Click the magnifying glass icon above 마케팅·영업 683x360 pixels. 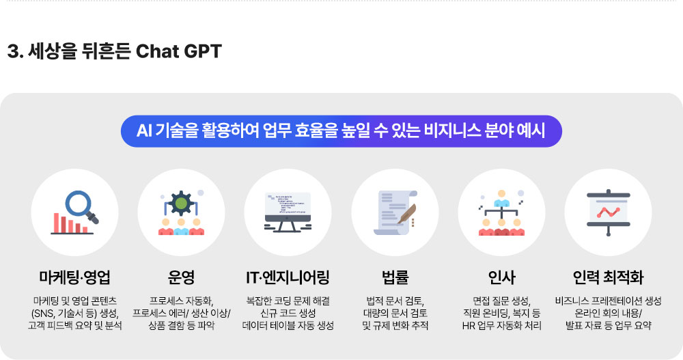coord(81,206)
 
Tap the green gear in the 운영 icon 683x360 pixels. coord(181,203)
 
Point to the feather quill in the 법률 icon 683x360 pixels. coord(406,214)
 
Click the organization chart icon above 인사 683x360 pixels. coord(501,212)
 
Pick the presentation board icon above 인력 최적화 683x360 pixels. coord(608,212)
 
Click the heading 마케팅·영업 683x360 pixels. coord(74,277)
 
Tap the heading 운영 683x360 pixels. coord(181,277)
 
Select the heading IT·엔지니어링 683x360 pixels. coord(288,277)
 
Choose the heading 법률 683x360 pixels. coord(395,277)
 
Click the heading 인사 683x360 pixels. coord(502,277)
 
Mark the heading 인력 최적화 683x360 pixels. coord(608,277)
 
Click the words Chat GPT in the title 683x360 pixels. coord(178,51)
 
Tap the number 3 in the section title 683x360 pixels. coord(12,51)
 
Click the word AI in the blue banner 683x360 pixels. coord(143,130)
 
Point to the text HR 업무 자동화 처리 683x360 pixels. coord(502,326)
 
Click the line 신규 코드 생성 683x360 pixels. coord(288,314)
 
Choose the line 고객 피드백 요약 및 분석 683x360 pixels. coord(75,326)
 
